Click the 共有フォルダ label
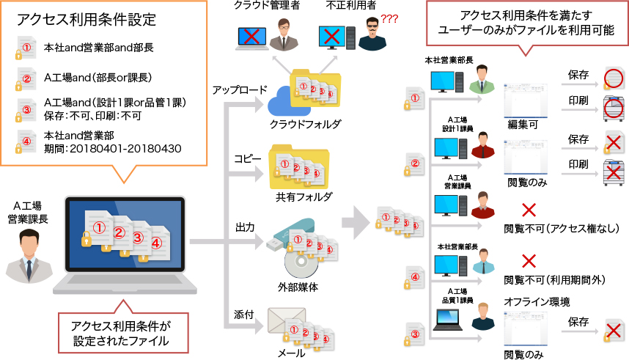(304, 196)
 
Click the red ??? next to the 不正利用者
(389, 19)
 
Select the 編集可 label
(523, 125)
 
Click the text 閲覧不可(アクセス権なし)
(562, 229)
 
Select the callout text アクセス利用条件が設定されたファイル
(120, 333)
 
